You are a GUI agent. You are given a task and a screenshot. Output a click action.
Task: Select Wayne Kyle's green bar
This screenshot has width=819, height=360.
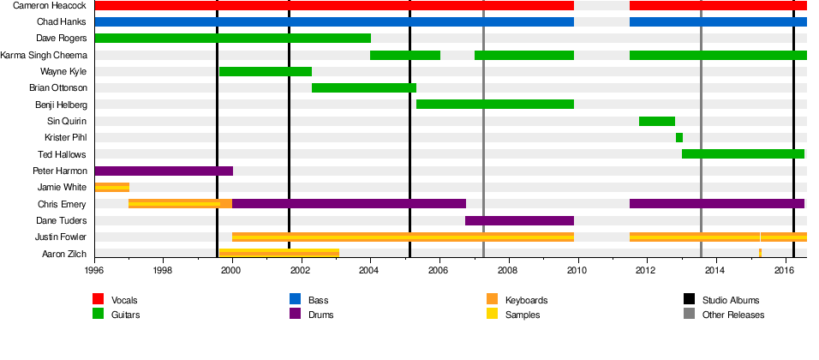(265, 71)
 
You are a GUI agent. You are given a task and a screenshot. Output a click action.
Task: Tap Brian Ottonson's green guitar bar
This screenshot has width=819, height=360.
(363, 87)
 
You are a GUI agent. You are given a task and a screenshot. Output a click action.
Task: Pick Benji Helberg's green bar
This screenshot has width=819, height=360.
(494, 105)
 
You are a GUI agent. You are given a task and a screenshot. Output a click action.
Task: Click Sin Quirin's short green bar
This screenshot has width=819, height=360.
(656, 121)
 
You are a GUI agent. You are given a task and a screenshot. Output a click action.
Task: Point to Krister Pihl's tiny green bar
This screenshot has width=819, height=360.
(679, 137)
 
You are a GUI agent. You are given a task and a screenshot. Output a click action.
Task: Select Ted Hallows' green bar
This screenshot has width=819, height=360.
(742, 154)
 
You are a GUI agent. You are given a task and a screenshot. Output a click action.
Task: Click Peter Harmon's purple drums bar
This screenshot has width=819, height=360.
(163, 171)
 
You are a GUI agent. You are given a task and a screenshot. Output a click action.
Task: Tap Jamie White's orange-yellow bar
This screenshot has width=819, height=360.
(111, 187)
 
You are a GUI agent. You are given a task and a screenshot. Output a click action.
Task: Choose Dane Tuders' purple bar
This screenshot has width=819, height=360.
(519, 220)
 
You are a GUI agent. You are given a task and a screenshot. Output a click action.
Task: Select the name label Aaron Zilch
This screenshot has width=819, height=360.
(64, 254)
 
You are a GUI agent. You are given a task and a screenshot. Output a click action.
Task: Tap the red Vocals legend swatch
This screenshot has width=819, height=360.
(98, 300)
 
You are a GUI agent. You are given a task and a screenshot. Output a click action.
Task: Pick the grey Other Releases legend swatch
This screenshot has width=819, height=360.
(689, 315)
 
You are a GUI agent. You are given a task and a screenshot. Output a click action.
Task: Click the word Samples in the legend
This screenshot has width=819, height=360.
(523, 315)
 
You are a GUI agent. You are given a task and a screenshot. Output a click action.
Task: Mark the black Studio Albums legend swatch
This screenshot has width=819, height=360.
(689, 300)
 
